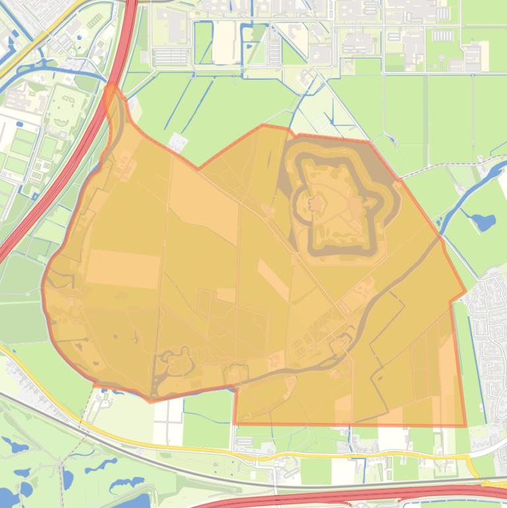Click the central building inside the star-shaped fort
coord(316,204)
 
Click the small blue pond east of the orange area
coord(484,222)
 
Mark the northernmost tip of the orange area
coord(112,86)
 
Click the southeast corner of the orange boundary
coord(465,426)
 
